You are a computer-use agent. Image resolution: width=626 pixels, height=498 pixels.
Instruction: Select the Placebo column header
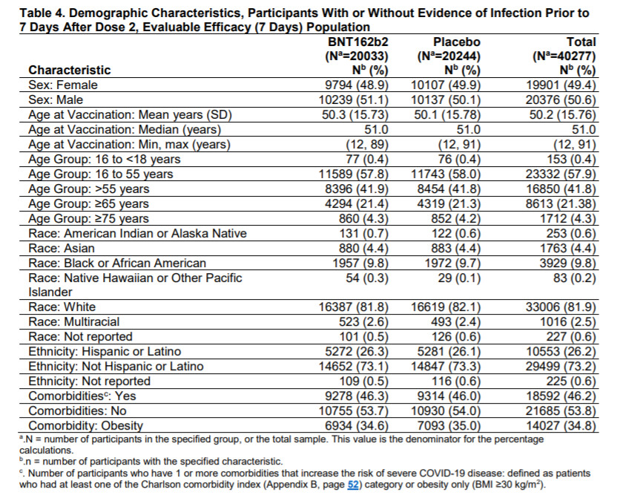(x=455, y=42)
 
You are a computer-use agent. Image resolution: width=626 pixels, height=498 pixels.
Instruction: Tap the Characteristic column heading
(x=69, y=71)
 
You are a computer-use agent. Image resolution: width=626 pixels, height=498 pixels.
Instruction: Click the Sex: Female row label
(x=62, y=85)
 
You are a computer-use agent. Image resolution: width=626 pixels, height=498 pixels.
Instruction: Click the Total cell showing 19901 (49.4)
(x=561, y=85)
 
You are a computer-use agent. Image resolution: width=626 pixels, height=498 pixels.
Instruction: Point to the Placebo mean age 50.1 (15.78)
(x=449, y=114)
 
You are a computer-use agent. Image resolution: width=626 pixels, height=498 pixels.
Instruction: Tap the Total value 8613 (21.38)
(x=561, y=203)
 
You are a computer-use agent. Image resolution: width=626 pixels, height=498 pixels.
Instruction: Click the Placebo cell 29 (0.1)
(x=461, y=278)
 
